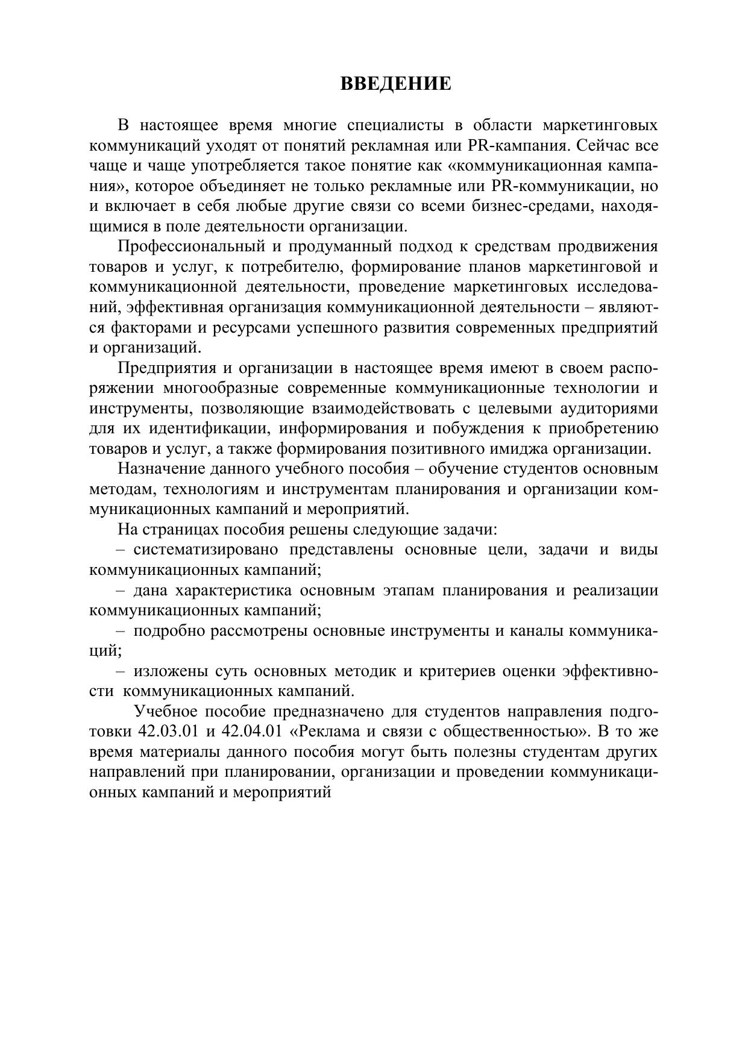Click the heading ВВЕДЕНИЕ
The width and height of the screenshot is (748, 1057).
(395, 83)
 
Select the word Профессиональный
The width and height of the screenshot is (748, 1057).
(191, 246)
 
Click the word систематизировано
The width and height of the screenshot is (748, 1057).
(206, 550)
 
